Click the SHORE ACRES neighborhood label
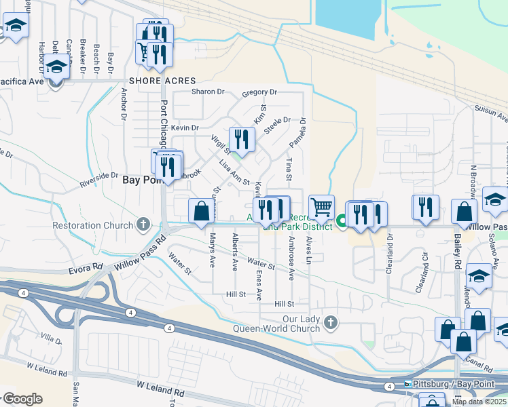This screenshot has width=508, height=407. coord(157,81)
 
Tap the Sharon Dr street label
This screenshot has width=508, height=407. coord(208,92)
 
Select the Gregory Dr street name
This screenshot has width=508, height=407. coord(259,92)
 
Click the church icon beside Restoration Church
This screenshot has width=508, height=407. coord(143,223)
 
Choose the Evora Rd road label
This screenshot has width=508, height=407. coord(86,270)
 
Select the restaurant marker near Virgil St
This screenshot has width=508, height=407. coord(241,140)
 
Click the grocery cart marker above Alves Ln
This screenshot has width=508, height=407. coord(321,207)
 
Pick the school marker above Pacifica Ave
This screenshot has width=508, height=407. coord(56,68)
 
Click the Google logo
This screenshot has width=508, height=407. coord(22,399)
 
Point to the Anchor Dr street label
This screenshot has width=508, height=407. coord(124,103)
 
